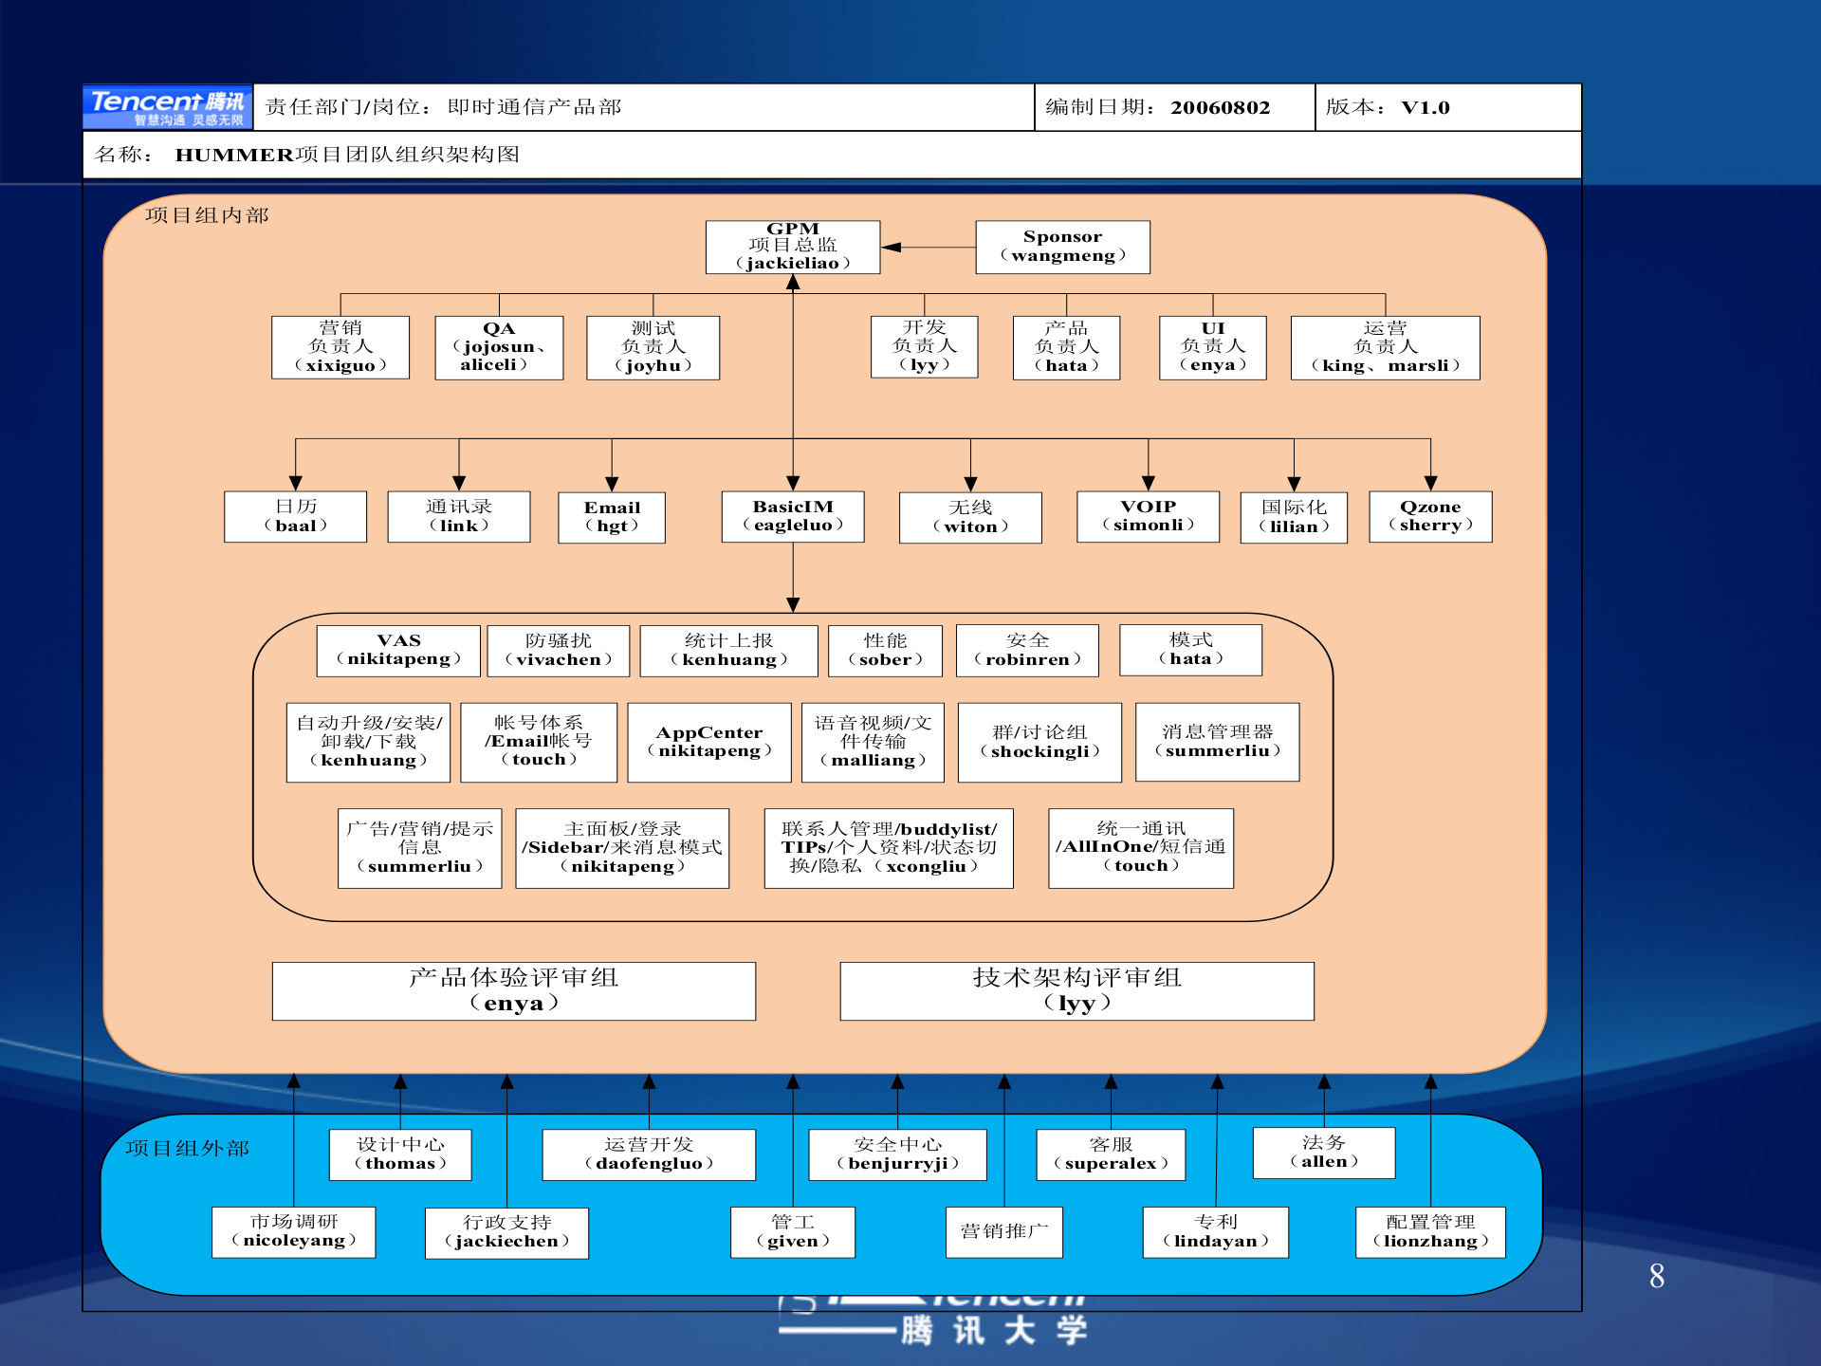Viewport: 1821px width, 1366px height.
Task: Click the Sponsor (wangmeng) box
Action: [1062, 247]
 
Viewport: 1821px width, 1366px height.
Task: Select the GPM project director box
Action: [793, 247]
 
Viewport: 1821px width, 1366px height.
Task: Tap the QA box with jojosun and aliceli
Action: [499, 347]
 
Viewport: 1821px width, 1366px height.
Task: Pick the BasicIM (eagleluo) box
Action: [793, 516]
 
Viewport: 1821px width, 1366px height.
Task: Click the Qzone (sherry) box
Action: [1430, 516]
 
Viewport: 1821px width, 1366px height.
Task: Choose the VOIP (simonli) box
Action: [1148, 516]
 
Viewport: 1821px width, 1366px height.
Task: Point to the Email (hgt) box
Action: [612, 517]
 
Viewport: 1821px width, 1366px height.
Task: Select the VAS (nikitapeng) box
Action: [398, 650]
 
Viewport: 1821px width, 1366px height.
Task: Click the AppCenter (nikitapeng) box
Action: [709, 742]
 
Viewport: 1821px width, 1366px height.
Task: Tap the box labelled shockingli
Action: [1039, 742]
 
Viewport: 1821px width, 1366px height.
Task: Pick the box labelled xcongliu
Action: [889, 848]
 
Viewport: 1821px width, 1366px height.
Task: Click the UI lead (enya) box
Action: [1212, 347]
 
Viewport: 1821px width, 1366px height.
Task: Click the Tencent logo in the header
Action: [168, 106]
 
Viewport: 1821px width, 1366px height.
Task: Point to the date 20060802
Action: [1220, 107]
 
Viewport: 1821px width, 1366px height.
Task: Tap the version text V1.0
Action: [1426, 107]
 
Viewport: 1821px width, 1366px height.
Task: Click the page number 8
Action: [1657, 1276]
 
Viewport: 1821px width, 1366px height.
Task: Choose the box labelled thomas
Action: [400, 1154]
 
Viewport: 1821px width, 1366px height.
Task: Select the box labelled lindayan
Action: [1216, 1232]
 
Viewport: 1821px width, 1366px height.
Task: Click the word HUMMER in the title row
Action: [234, 155]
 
